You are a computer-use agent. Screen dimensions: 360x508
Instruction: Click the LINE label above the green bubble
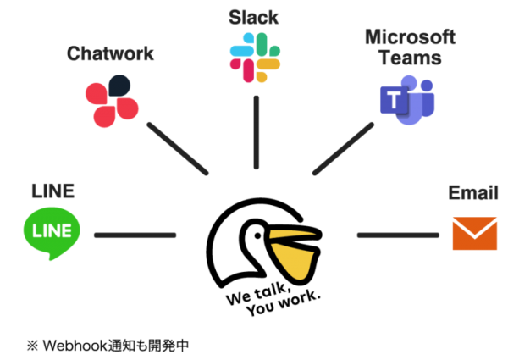(52, 191)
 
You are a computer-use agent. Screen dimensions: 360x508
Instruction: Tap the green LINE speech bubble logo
(52, 231)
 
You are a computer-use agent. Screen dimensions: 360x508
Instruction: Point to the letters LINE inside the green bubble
(52, 230)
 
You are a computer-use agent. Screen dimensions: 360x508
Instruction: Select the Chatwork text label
(110, 54)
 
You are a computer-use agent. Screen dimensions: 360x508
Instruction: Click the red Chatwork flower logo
(112, 102)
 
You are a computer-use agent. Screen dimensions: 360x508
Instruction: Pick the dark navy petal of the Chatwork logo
(119, 86)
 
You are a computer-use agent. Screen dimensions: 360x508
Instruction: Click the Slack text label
(254, 17)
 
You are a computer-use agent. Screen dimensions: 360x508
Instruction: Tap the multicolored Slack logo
(255, 58)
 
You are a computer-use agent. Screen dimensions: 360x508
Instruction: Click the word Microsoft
(410, 37)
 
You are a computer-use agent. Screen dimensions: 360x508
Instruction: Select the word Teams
(410, 58)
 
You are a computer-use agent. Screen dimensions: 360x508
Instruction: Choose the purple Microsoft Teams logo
(408, 100)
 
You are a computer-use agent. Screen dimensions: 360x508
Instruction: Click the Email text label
(473, 193)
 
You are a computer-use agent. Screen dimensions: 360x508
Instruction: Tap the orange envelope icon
(474, 234)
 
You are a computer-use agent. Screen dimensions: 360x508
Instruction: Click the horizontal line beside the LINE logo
(135, 235)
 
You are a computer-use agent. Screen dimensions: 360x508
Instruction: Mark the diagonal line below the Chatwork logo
(177, 148)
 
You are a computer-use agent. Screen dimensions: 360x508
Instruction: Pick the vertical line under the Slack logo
(256, 132)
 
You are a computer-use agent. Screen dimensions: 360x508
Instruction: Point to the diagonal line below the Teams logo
(343, 148)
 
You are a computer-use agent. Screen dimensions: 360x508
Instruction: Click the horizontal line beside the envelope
(397, 235)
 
